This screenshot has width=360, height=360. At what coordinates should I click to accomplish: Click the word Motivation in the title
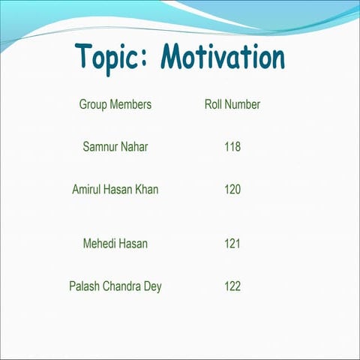[223, 56]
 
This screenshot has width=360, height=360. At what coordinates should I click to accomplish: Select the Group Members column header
[115, 104]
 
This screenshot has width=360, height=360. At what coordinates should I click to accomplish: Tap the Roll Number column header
[232, 104]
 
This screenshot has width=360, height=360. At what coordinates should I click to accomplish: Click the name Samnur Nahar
[115, 147]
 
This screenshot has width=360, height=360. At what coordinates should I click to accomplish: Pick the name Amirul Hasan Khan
[115, 190]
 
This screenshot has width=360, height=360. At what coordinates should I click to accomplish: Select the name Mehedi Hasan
[115, 244]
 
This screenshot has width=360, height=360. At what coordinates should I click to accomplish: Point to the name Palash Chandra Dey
[115, 286]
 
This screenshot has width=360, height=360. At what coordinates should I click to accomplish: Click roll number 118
[232, 147]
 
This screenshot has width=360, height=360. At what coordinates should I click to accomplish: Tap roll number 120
[232, 190]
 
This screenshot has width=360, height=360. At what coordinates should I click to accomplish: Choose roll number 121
[232, 244]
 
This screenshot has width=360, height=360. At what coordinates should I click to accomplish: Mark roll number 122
[232, 286]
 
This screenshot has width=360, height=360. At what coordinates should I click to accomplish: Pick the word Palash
[84, 286]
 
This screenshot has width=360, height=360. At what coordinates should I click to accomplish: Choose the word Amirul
[87, 190]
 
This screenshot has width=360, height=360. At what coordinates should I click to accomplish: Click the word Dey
[152, 287]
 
